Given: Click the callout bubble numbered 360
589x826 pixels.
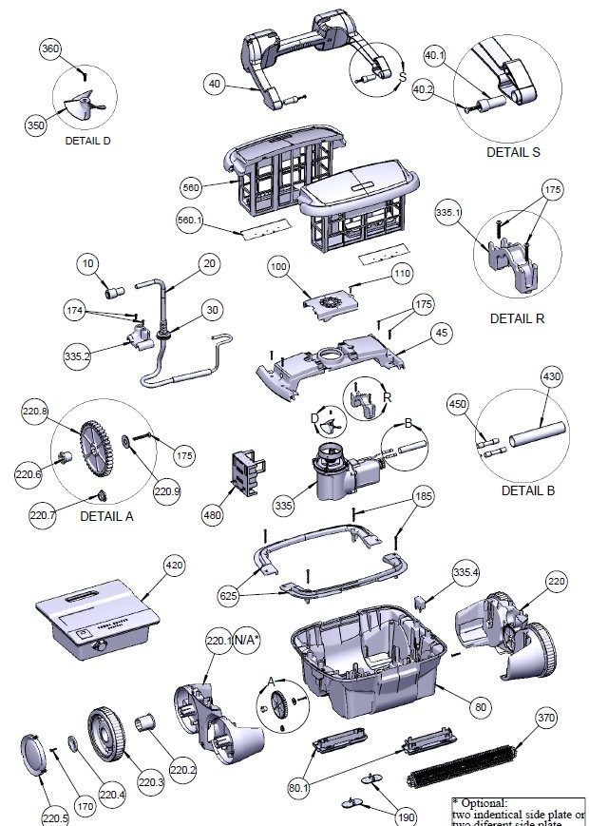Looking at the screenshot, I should coord(51,49).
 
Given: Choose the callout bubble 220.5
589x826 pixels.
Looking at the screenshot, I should coord(54,816).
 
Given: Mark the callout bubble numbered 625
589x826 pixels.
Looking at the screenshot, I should coord(228,595).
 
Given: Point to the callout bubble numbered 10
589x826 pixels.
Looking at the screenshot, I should coord(89,262).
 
